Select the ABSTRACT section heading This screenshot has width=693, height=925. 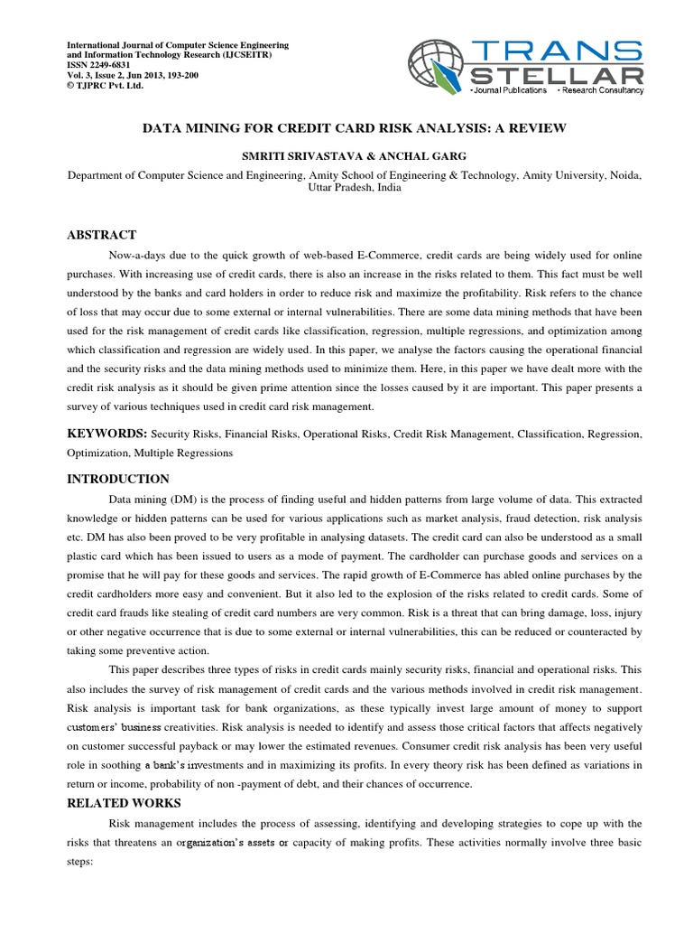coord(102,235)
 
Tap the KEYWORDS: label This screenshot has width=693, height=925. coord(108,434)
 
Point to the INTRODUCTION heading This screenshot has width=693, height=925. coord(118,479)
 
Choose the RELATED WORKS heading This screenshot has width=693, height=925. coord(125,803)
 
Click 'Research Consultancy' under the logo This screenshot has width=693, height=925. coord(602,91)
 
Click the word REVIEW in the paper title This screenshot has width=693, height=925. coord(536,128)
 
